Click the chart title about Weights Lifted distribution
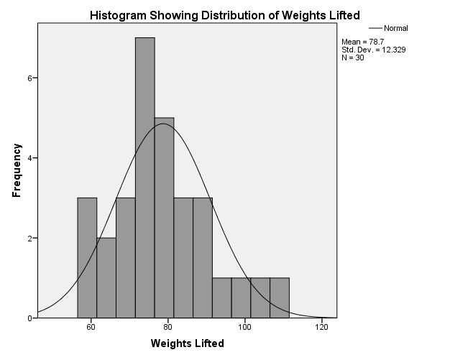tap(224, 15)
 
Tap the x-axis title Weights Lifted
tap(187, 343)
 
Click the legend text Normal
tap(395, 28)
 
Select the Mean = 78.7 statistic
tap(364, 41)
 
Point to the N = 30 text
tap(353, 57)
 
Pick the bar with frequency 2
tap(106, 277)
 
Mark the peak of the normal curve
tap(164, 124)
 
